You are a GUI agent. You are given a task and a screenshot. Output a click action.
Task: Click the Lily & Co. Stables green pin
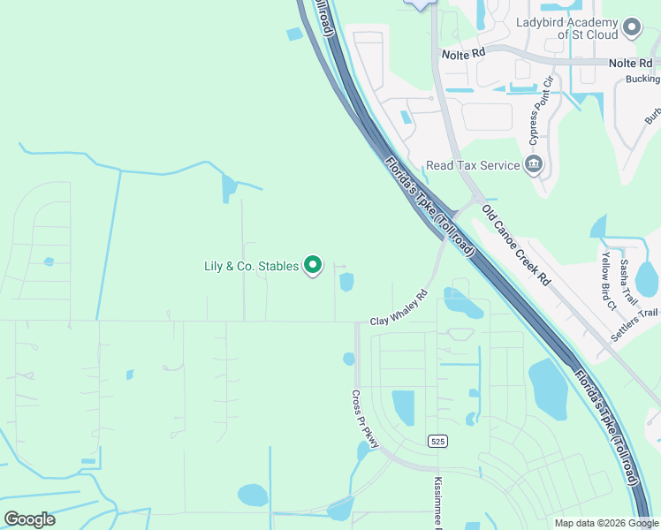(312, 265)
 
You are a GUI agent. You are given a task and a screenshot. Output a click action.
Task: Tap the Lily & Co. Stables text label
(251, 266)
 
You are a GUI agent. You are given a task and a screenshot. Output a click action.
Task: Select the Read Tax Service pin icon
(534, 164)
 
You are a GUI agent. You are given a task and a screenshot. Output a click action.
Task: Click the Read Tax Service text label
(473, 165)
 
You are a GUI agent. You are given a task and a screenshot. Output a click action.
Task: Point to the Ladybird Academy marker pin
(631, 27)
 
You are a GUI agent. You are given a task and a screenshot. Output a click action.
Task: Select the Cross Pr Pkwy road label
(365, 419)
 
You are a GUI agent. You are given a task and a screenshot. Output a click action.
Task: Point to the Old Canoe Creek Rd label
(516, 245)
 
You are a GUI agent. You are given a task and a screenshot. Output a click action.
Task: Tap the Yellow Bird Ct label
(609, 282)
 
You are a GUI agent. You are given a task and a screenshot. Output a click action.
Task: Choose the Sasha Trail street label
(627, 276)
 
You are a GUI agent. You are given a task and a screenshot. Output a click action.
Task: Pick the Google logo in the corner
(29, 519)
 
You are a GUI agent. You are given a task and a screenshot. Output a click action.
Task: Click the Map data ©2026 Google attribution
(605, 523)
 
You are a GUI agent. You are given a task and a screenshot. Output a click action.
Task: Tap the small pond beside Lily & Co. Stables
(346, 282)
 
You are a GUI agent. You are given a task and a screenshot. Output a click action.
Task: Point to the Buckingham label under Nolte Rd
(643, 79)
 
